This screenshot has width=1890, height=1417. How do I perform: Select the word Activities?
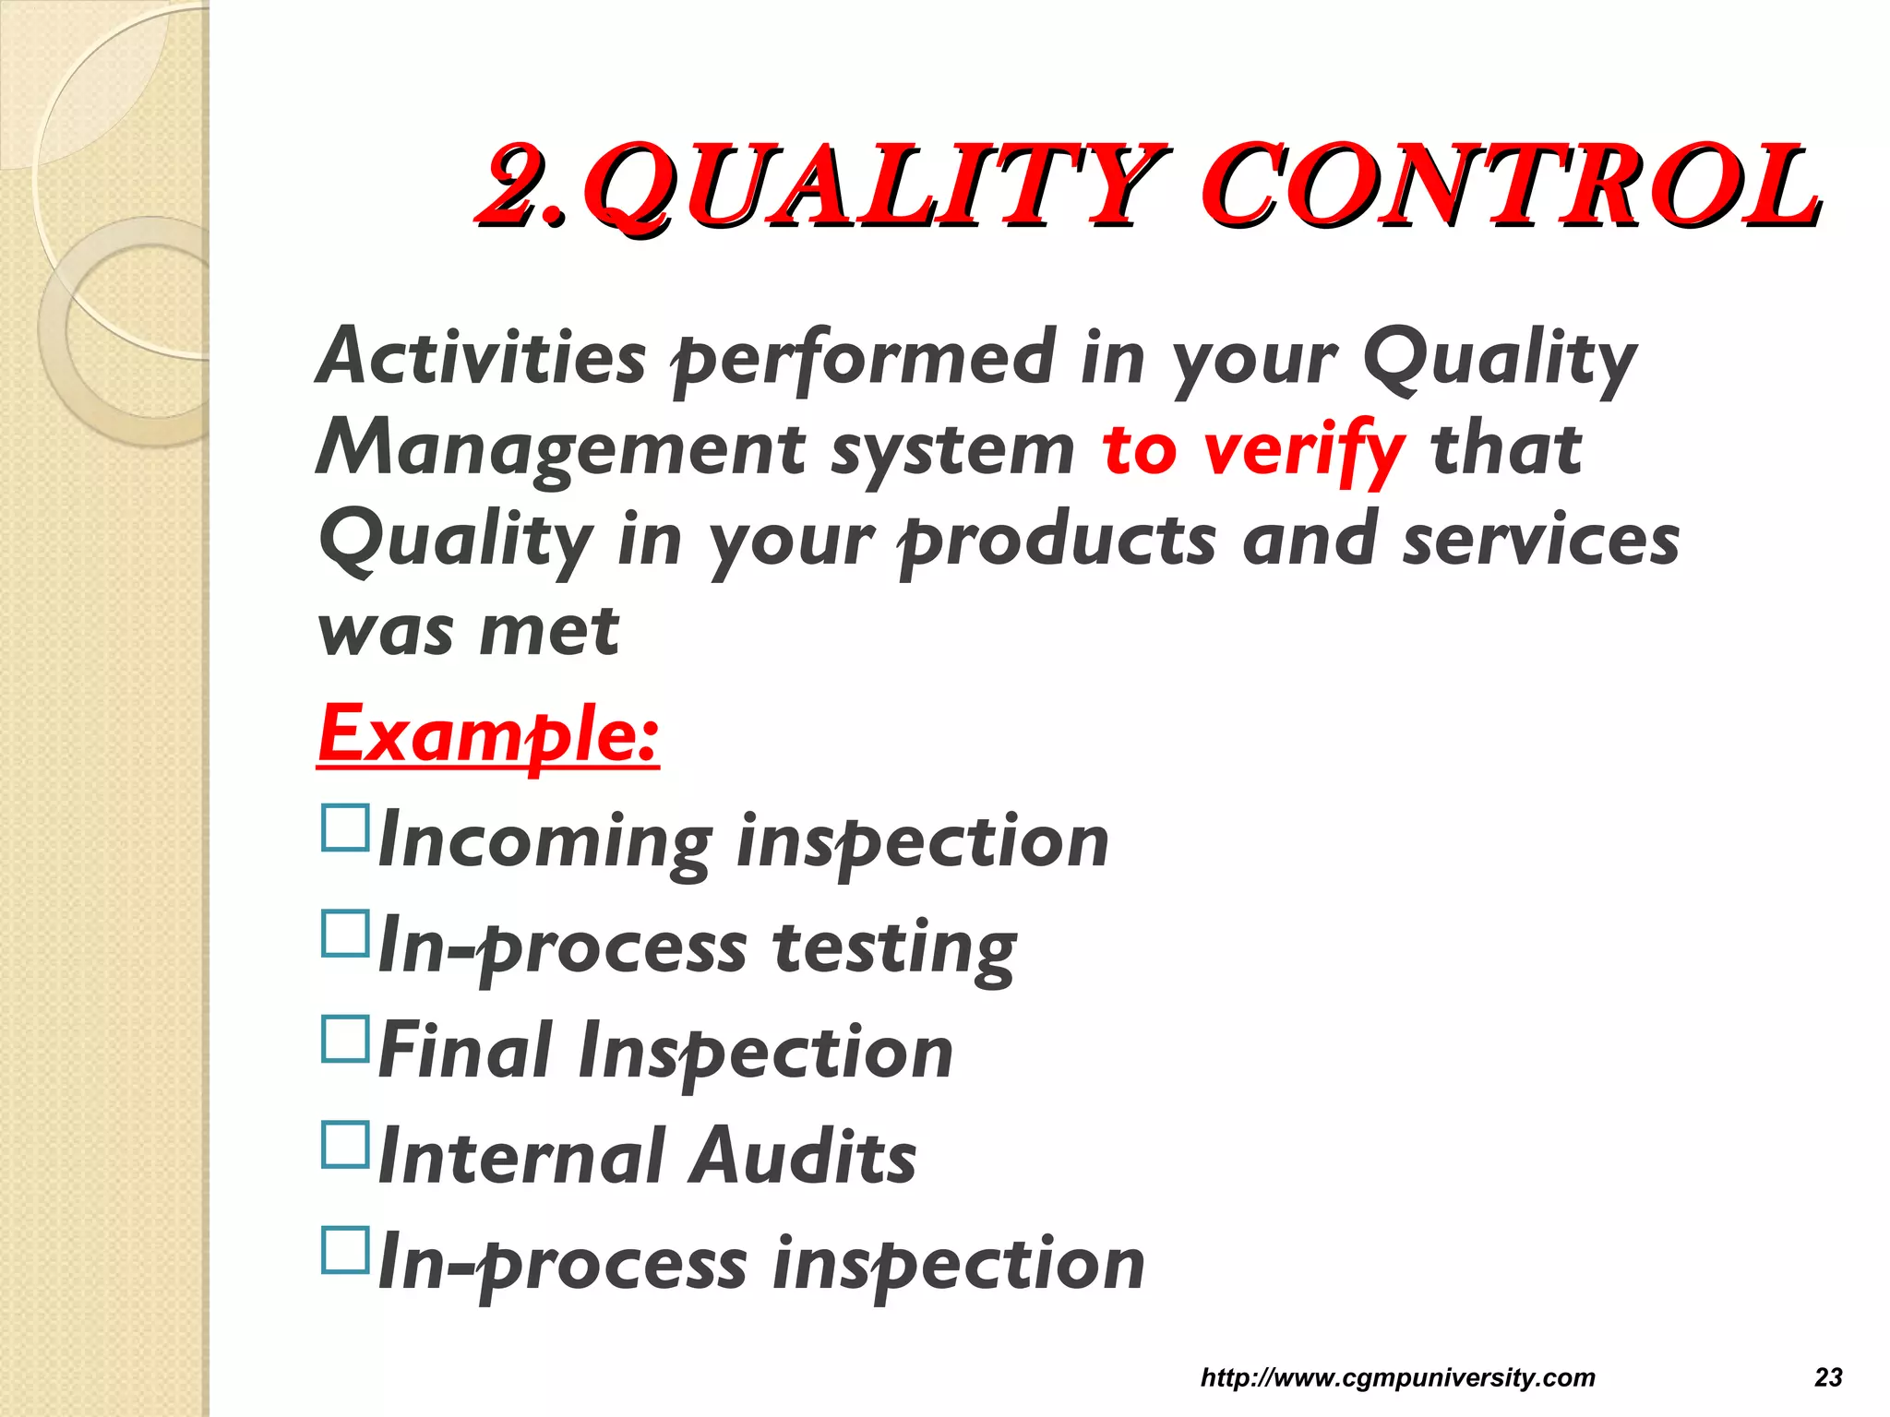pyautogui.click(x=481, y=357)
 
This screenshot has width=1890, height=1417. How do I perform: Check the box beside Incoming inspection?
pyautogui.click(x=345, y=827)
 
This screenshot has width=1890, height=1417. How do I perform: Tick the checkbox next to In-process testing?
pyautogui.click(x=345, y=933)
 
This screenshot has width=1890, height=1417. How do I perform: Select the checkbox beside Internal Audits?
pyautogui.click(x=345, y=1144)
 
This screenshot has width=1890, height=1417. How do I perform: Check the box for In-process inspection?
pyautogui.click(x=345, y=1249)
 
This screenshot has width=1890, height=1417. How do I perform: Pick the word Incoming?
pyautogui.click(x=544, y=841)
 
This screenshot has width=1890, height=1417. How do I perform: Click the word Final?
pyautogui.click(x=465, y=1051)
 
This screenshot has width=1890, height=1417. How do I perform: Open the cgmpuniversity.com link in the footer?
pyautogui.click(x=1397, y=1377)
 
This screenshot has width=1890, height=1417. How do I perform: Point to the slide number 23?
pyautogui.click(x=1828, y=1377)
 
